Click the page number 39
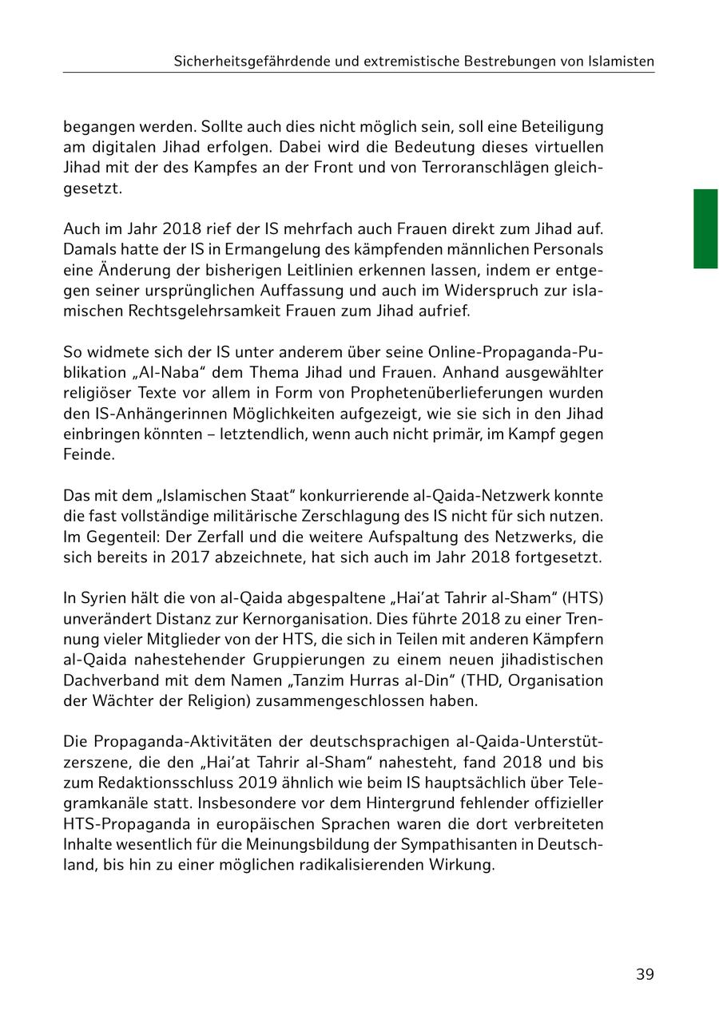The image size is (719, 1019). [x=645, y=974]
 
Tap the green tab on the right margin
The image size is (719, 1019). [x=705, y=228]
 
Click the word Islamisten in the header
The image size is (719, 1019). [x=618, y=61]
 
